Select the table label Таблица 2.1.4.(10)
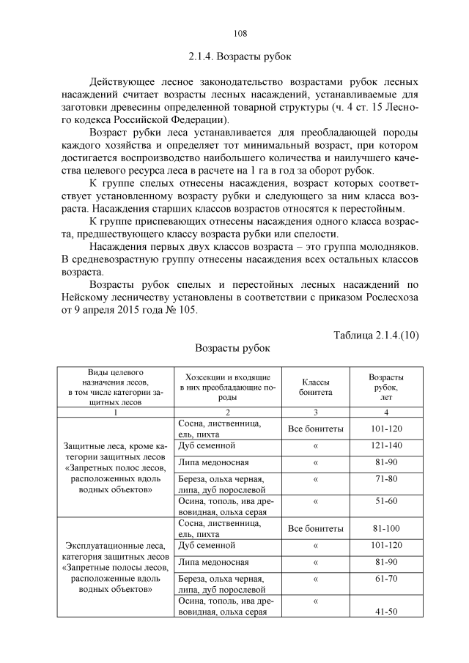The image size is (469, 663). [376, 335]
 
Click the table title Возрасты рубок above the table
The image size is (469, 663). [233, 349]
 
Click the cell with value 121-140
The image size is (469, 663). [386, 445]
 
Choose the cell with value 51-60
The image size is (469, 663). [386, 502]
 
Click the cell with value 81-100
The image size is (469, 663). [386, 528]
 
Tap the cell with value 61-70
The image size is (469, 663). [386, 579]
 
